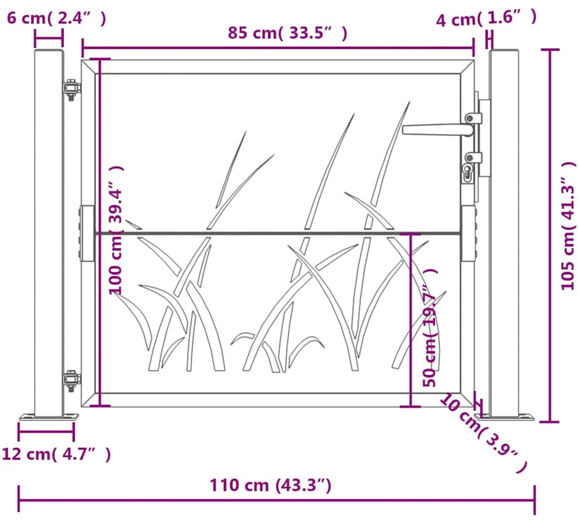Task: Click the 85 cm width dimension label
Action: point(287,33)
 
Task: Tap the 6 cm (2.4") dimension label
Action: point(57,18)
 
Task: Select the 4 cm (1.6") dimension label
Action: point(486,18)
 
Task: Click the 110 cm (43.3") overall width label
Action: point(270,485)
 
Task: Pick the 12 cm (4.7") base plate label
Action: point(57,453)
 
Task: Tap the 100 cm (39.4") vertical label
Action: point(116,229)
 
